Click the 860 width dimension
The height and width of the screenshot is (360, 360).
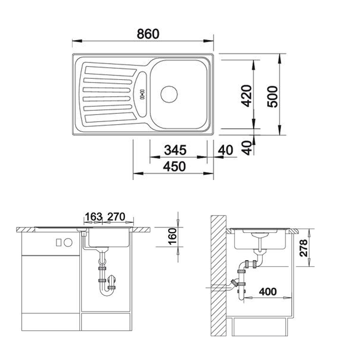148,34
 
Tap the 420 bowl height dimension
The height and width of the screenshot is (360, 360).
247,96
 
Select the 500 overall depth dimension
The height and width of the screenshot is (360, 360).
273,96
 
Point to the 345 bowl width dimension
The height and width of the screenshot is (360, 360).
175,150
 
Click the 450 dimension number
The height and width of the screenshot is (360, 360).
174,166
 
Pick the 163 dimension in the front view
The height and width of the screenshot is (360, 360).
94,216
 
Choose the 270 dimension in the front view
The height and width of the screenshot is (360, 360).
116,216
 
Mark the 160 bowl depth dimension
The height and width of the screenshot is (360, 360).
172,236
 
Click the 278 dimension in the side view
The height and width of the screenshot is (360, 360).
303,248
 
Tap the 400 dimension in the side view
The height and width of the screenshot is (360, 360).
268,292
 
